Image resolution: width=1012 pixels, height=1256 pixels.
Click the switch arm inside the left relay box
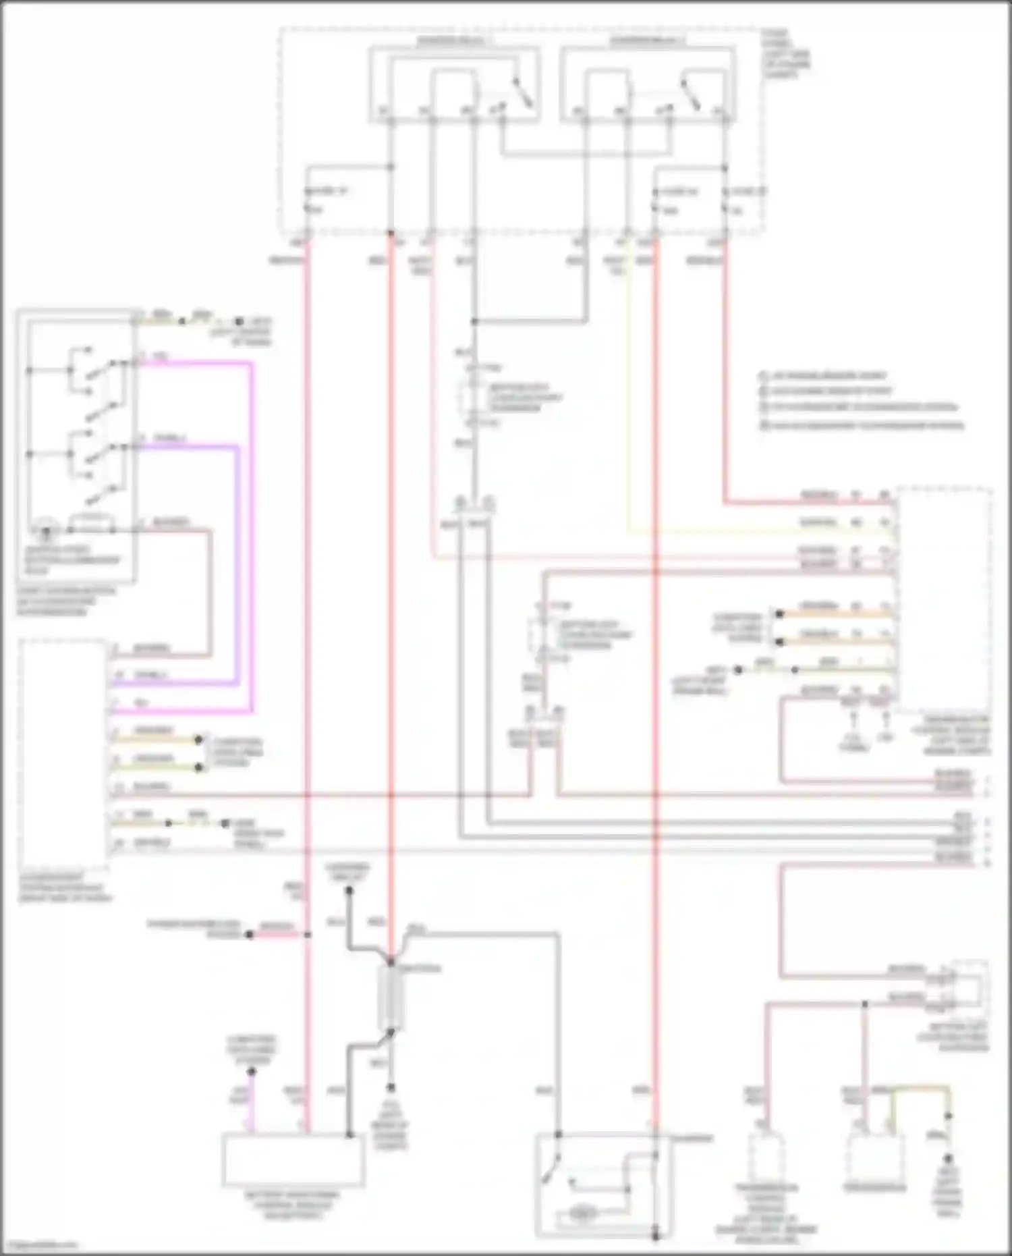pos(523,92)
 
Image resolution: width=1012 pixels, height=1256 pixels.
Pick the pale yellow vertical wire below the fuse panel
pos(629,405)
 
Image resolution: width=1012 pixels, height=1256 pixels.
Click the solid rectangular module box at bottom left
pos(293,1160)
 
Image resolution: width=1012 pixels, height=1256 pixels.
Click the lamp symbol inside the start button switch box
pos(46,524)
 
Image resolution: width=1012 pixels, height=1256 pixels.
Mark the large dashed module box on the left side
pos(64,753)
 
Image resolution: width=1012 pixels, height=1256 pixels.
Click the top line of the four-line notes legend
pos(823,375)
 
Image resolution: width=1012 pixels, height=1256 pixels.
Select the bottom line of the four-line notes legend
pos(864,426)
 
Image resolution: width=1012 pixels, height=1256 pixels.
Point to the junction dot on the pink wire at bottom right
pos(864,1004)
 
